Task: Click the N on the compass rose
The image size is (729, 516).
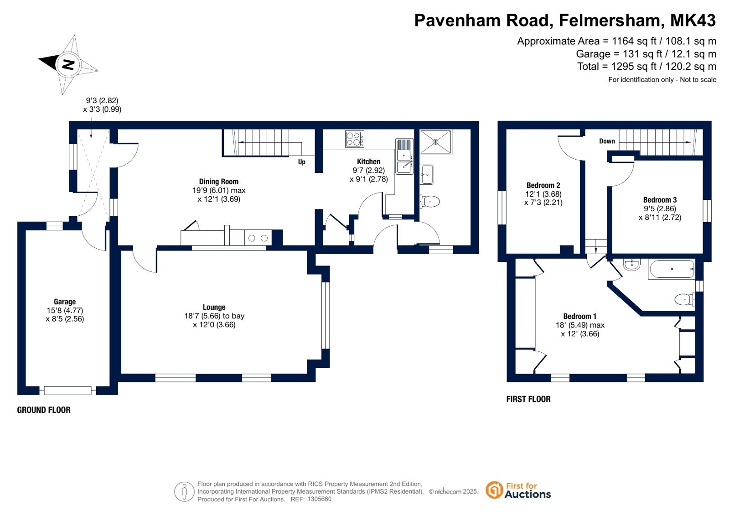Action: [x=68, y=64]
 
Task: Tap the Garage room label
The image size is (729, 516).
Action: [x=65, y=302]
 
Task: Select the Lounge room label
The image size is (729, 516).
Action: [x=214, y=307]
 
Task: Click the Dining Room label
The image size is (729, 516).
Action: [x=219, y=182]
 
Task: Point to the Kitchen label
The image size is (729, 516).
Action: [x=368, y=161]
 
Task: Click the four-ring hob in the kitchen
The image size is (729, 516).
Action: [x=355, y=139]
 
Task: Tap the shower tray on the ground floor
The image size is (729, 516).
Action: [x=436, y=142]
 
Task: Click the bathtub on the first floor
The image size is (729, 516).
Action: [x=672, y=269]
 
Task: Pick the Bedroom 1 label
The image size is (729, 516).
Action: [x=579, y=316]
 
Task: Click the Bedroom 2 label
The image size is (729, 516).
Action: [x=543, y=185]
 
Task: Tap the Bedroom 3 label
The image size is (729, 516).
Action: [x=660, y=200]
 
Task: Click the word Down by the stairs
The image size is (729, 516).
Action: [x=607, y=141]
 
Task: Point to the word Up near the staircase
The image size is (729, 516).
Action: [x=302, y=162]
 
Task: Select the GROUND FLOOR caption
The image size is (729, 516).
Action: [x=44, y=410]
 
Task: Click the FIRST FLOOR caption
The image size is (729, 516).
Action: [x=528, y=399]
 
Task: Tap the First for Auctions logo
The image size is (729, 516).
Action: [x=518, y=490]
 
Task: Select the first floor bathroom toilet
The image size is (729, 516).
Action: [x=685, y=299]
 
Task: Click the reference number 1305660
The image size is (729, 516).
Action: [x=319, y=499]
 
